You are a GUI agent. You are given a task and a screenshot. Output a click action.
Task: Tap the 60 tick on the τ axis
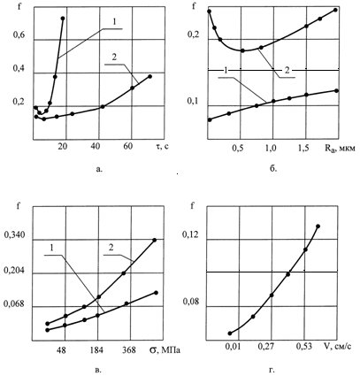pyautogui.click(x=132, y=147)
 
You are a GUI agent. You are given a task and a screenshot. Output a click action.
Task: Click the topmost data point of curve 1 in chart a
pyautogui.click(x=63, y=19)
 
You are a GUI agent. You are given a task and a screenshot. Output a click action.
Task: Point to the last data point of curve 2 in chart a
pyautogui.click(x=149, y=76)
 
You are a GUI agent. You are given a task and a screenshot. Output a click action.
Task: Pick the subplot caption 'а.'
pyautogui.click(x=99, y=169)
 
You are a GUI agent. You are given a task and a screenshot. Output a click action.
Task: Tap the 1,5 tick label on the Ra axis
pyautogui.click(x=304, y=149)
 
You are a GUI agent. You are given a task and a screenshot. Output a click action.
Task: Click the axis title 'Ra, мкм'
pyautogui.click(x=340, y=149)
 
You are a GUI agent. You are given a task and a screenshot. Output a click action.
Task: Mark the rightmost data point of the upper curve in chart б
pyautogui.click(x=335, y=10)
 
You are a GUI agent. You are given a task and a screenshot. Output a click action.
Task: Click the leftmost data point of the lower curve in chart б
pyautogui.click(x=210, y=119)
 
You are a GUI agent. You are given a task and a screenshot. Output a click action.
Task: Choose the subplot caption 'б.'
pyautogui.click(x=273, y=169)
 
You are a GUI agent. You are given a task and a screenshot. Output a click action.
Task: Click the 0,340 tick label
pyautogui.click(x=15, y=235)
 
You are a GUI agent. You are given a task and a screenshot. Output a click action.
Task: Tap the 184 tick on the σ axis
pyautogui.click(x=97, y=350)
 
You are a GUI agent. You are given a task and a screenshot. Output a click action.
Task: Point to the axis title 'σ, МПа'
pyautogui.click(x=165, y=349)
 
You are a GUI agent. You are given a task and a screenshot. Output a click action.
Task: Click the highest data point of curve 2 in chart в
pyautogui.click(x=155, y=240)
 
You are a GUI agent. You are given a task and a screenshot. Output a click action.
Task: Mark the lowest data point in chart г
pyautogui.click(x=230, y=334)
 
